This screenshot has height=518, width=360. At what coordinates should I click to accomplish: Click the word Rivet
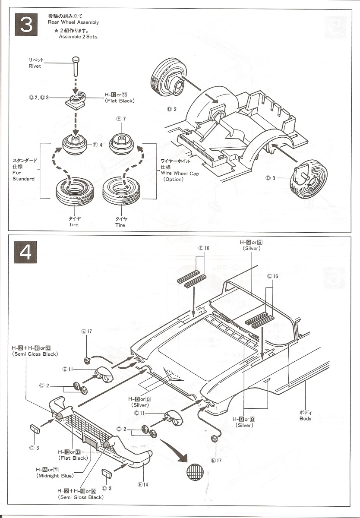coord(35,66)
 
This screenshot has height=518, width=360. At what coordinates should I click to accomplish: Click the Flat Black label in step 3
coord(120,101)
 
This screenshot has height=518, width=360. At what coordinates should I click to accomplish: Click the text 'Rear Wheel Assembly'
coord(73,22)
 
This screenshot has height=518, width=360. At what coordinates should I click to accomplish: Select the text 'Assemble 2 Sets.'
coord(79,37)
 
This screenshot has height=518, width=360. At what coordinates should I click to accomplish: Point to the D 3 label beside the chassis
coord(271,178)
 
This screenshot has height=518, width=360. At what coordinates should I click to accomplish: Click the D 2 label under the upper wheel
coord(172,109)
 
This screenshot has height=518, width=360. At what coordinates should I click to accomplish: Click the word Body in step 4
coord(305,419)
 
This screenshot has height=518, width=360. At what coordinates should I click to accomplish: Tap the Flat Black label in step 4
coord(73,458)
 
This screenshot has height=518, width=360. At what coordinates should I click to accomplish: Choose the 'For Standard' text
coord(23,176)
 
